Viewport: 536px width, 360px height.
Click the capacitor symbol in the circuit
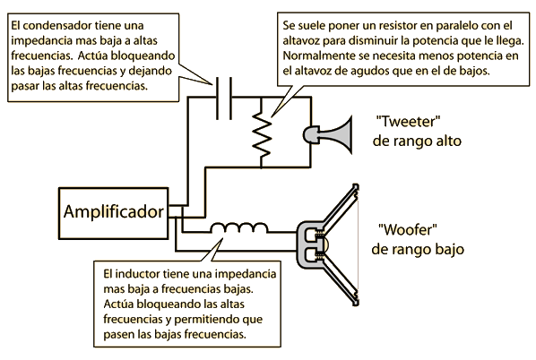point(224,99)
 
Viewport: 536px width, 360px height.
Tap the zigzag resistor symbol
point(262,133)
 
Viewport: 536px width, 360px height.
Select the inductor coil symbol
point(239,228)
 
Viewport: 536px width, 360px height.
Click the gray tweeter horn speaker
point(327,134)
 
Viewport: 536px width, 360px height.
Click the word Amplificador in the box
point(114,212)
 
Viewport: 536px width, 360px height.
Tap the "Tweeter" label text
point(408,121)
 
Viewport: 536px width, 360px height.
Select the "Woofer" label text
point(408,229)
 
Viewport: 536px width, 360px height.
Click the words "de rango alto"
point(417,141)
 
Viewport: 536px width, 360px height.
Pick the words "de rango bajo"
point(418,249)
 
